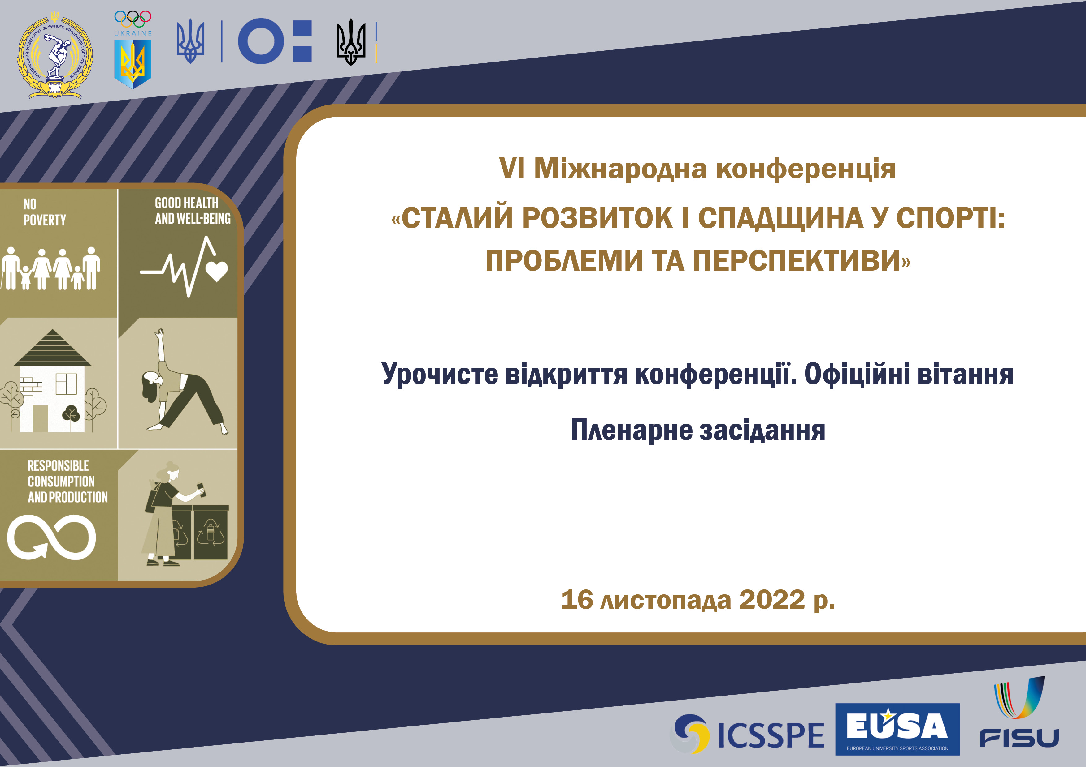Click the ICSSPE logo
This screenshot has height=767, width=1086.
(747, 734)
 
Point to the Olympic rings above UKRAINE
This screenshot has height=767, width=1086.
(132, 19)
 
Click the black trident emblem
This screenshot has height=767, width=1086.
(351, 41)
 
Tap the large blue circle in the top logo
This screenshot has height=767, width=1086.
(261, 41)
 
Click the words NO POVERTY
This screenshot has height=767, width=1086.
(45, 212)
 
